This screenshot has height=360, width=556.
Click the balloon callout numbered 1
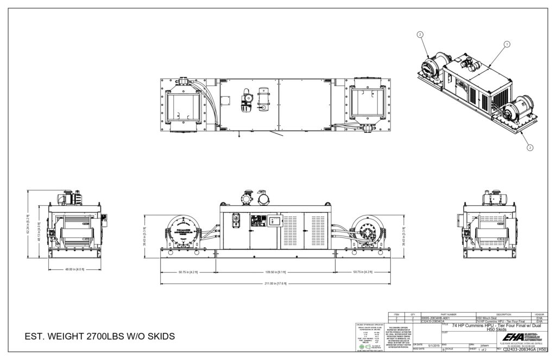click(507, 43)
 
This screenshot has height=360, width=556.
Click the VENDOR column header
click(539, 314)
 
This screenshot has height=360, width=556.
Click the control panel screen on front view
click(257, 221)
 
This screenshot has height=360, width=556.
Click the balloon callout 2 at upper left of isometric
click(420, 34)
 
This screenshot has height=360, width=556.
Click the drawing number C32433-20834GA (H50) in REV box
click(525, 350)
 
